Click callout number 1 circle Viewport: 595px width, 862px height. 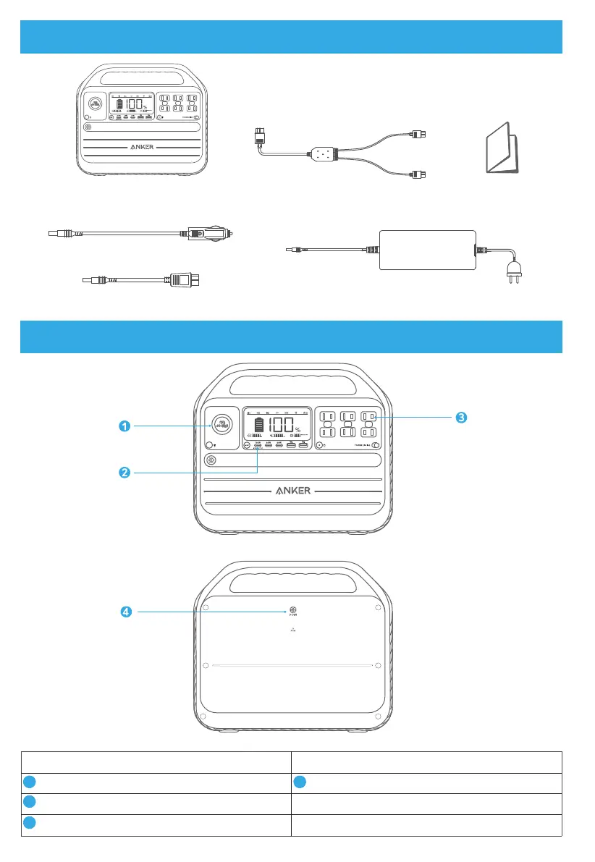pyautogui.click(x=125, y=426)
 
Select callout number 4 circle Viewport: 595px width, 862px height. pyautogui.click(x=125, y=612)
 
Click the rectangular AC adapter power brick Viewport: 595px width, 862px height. pyautogui.click(x=427, y=250)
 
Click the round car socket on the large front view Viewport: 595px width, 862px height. pyautogui.click(x=218, y=423)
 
